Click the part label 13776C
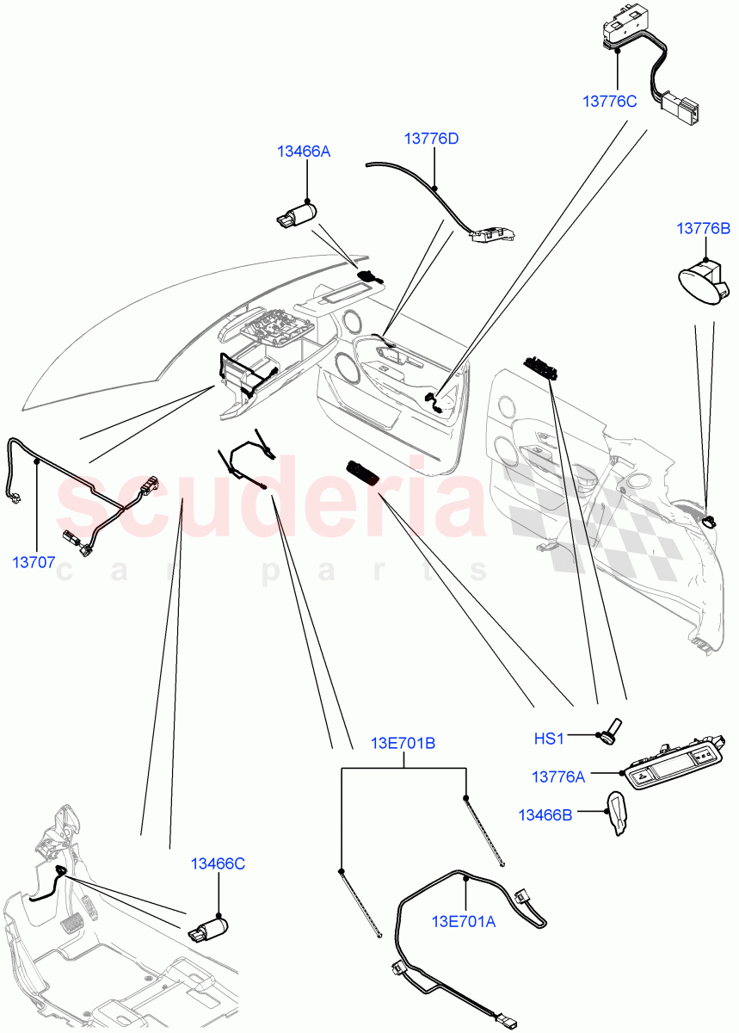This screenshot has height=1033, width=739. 609,101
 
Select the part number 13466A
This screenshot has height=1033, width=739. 303,152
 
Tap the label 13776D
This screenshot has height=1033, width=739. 431,138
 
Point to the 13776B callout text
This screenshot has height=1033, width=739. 703,228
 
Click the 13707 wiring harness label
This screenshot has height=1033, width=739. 34,563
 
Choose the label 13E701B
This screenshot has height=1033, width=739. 403,743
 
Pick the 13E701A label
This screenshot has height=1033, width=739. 465,921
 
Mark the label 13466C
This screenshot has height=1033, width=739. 218,863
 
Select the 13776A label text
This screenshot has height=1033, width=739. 557,776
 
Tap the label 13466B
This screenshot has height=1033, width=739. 545,813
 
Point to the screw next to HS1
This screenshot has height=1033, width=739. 614,730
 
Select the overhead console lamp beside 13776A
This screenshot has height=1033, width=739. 678,763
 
